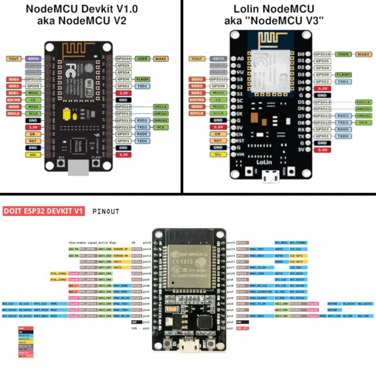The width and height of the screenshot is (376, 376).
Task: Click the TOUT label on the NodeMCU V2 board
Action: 13,58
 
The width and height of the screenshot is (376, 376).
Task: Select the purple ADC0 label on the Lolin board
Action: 218,59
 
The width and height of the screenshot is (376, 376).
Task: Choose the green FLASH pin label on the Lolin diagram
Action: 343,75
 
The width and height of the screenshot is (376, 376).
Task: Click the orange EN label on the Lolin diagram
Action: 218,134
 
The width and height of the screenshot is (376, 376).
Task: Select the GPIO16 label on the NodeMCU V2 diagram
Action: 124,58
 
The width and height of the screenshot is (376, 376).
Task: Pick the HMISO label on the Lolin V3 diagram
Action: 363,109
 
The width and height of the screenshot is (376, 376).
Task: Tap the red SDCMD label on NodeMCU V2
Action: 13,99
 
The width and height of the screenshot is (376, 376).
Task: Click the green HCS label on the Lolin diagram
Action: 363,122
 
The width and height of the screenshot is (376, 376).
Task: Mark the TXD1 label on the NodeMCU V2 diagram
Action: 142,85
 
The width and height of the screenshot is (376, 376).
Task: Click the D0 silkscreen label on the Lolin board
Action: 301,54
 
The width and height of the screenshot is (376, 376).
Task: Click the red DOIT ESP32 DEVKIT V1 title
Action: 44,212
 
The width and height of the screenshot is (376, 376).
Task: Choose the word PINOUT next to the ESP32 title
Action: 105,212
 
